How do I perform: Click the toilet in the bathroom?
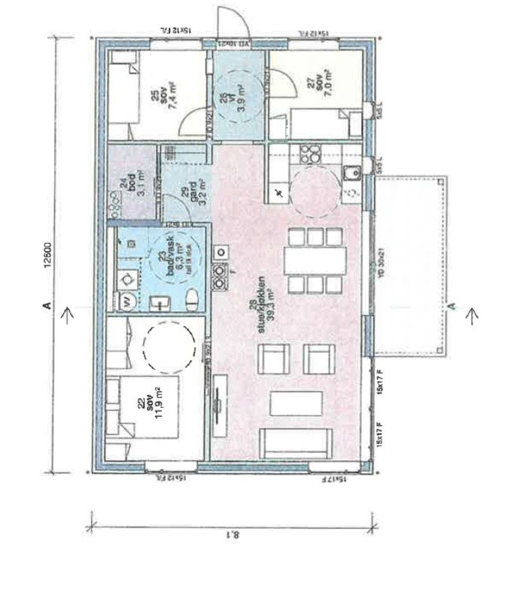click(192, 300)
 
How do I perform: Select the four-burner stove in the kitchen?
click(309, 154)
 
